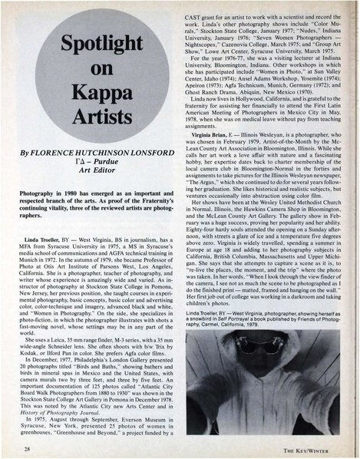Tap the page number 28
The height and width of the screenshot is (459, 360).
pos(27,447)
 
